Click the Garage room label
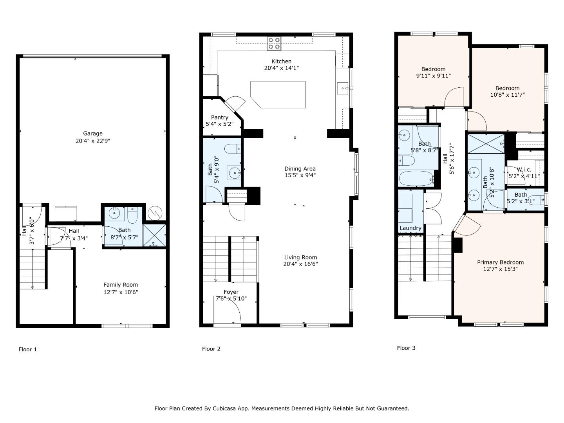click(x=93, y=134)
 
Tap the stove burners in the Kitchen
click(x=274, y=43)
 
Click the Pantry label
click(x=219, y=117)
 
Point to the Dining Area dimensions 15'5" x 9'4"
click(x=300, y=175)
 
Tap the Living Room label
click(x=300, y=257)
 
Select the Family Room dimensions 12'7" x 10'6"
click(x=121, y=292)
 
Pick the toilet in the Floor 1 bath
click(x=132, y=215)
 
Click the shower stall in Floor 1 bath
click(x=154, y=235)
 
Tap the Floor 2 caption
click(x=211, y=349)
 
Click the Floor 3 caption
click(x=406, y=348)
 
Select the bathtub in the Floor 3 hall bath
click(x=417, y=179)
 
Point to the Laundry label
click(x=410, y=228)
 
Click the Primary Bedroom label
click(x=500, y=262)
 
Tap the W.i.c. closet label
click(x=524, y=170)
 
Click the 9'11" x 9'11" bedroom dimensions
click(x=433, y=76)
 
